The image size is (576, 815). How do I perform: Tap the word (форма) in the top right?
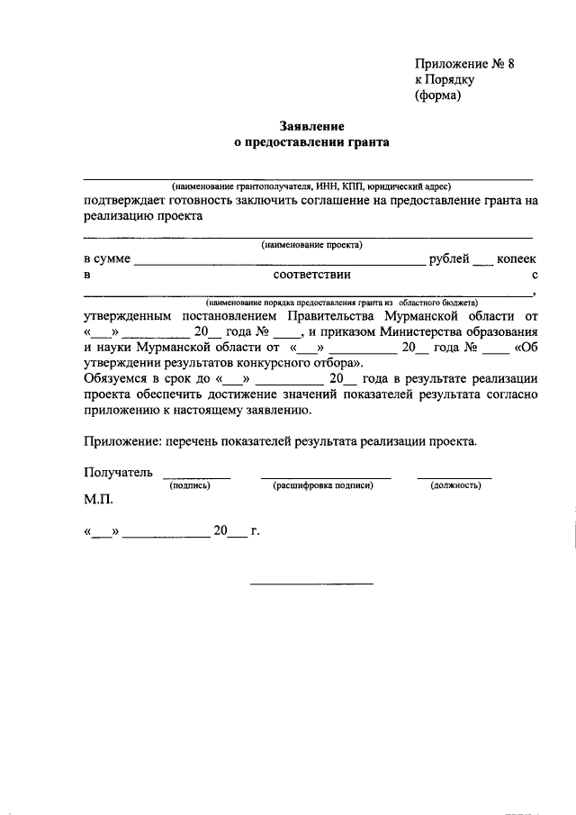pos(437,95)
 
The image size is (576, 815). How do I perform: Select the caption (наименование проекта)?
pos(311,244)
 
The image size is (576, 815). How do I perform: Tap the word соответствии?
pos(311,275)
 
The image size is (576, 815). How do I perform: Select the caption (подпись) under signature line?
pos(190,485)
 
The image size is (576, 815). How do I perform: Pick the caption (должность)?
pos(455,485)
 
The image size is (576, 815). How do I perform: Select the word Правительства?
pos(332,316)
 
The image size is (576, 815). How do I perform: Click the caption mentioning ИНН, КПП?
pos(311,185)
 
